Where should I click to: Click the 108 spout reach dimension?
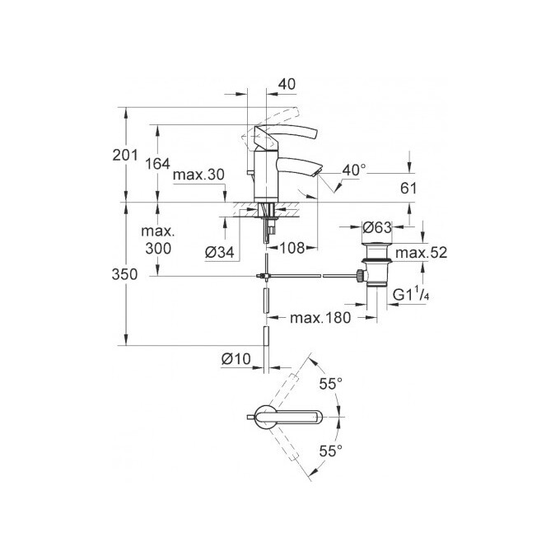pyautogui.click(x=294, y=246)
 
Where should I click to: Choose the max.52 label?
pyautogui.click(x=421, y=253)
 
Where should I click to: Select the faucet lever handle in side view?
pyautogui.click(x=288, y=134)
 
